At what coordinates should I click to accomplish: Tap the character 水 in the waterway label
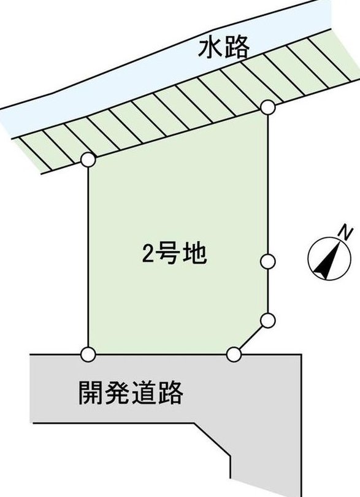pyautogui.click(x=210, y=48)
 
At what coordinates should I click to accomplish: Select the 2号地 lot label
pyautogui.click(x=174, y=254)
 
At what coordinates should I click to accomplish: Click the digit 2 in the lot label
pyautogui.click(x=148, y=254)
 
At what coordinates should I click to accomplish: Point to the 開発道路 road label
pyautogui.click(x=131, y=393)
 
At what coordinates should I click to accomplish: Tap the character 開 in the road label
pyautogui.click(x=91, y=393)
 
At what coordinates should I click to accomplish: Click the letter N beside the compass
pyautogui.click(x=345, y=233)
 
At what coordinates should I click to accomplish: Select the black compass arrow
pyautogui.click(x=328, y=260)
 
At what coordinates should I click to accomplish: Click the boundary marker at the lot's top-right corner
pyautogui.click(x=268, y=107)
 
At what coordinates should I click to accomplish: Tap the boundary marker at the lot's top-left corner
pyautogui.click(x=88, y=160)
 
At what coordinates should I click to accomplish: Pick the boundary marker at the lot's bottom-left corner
pyautogui.click(x=88, y=354)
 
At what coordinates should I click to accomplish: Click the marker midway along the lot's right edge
pyautogui.click(x=268, y=261)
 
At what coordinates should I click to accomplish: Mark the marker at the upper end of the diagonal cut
pyautogui.click(x=268, y=320)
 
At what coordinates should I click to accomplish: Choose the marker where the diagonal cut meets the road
pyautogui.click(x=234, y=354)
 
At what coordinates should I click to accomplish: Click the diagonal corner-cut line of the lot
pyautogui.click(x=251, y=337)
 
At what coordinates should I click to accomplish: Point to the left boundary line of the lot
pyautogui.click(x=88, y=256)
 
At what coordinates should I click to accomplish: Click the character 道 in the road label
pyautogui.click(x=144, y=393)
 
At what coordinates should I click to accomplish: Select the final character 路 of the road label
pyautogui.click(x=170, y=393)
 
